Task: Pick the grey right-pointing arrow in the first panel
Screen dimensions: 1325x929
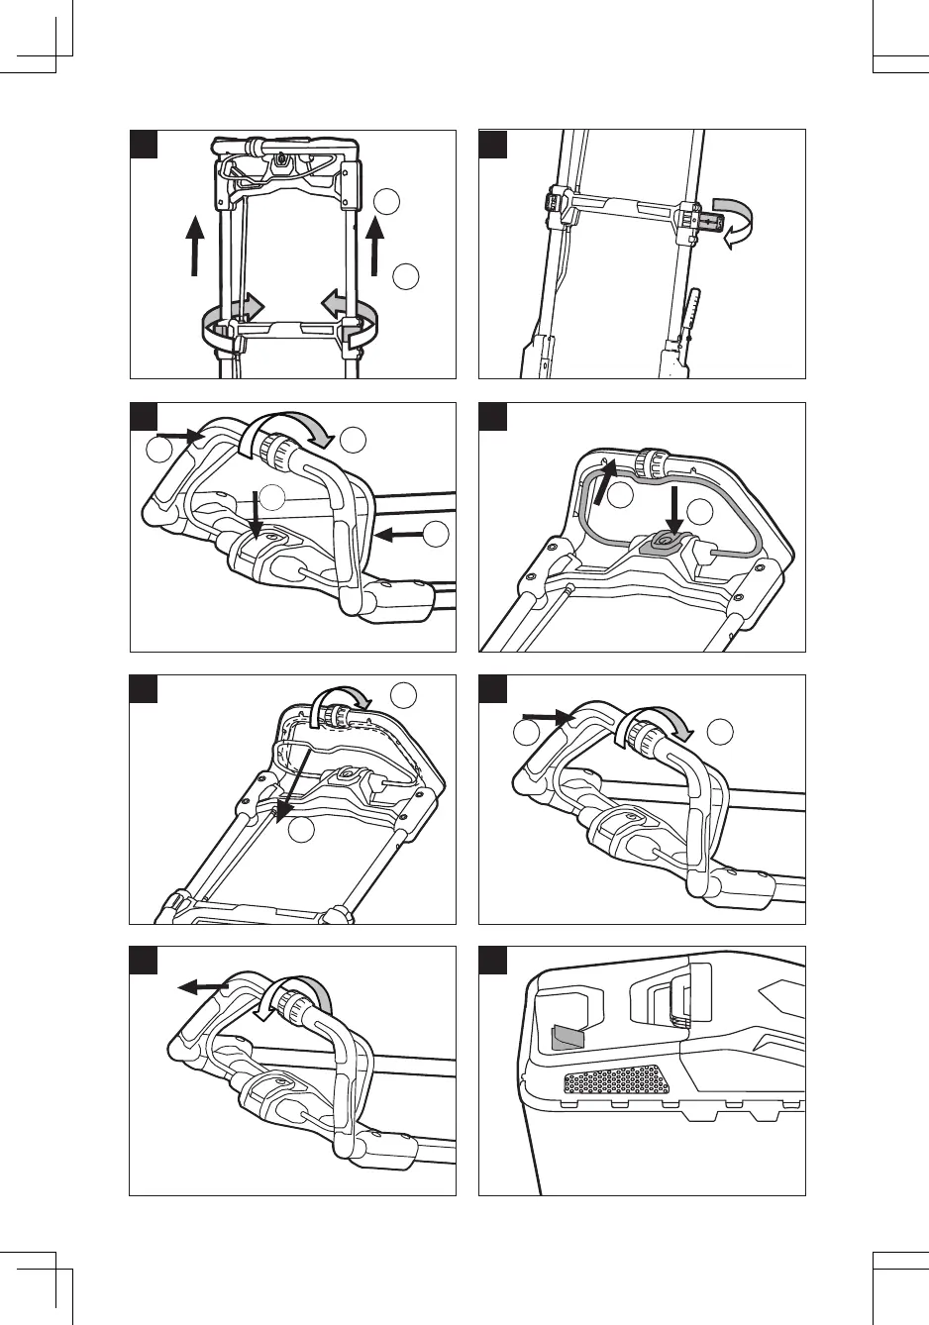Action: (x=250, y=306)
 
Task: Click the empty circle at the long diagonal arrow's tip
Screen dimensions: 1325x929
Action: (x=303, y=830)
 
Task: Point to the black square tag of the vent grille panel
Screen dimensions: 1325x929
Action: (x=492, y=960)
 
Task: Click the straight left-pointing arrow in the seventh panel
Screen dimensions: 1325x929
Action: (x=203, y=986)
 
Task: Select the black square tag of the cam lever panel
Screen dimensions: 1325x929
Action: (x=492, y=144)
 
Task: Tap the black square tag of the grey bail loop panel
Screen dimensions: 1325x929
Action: (x=492, y=416)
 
